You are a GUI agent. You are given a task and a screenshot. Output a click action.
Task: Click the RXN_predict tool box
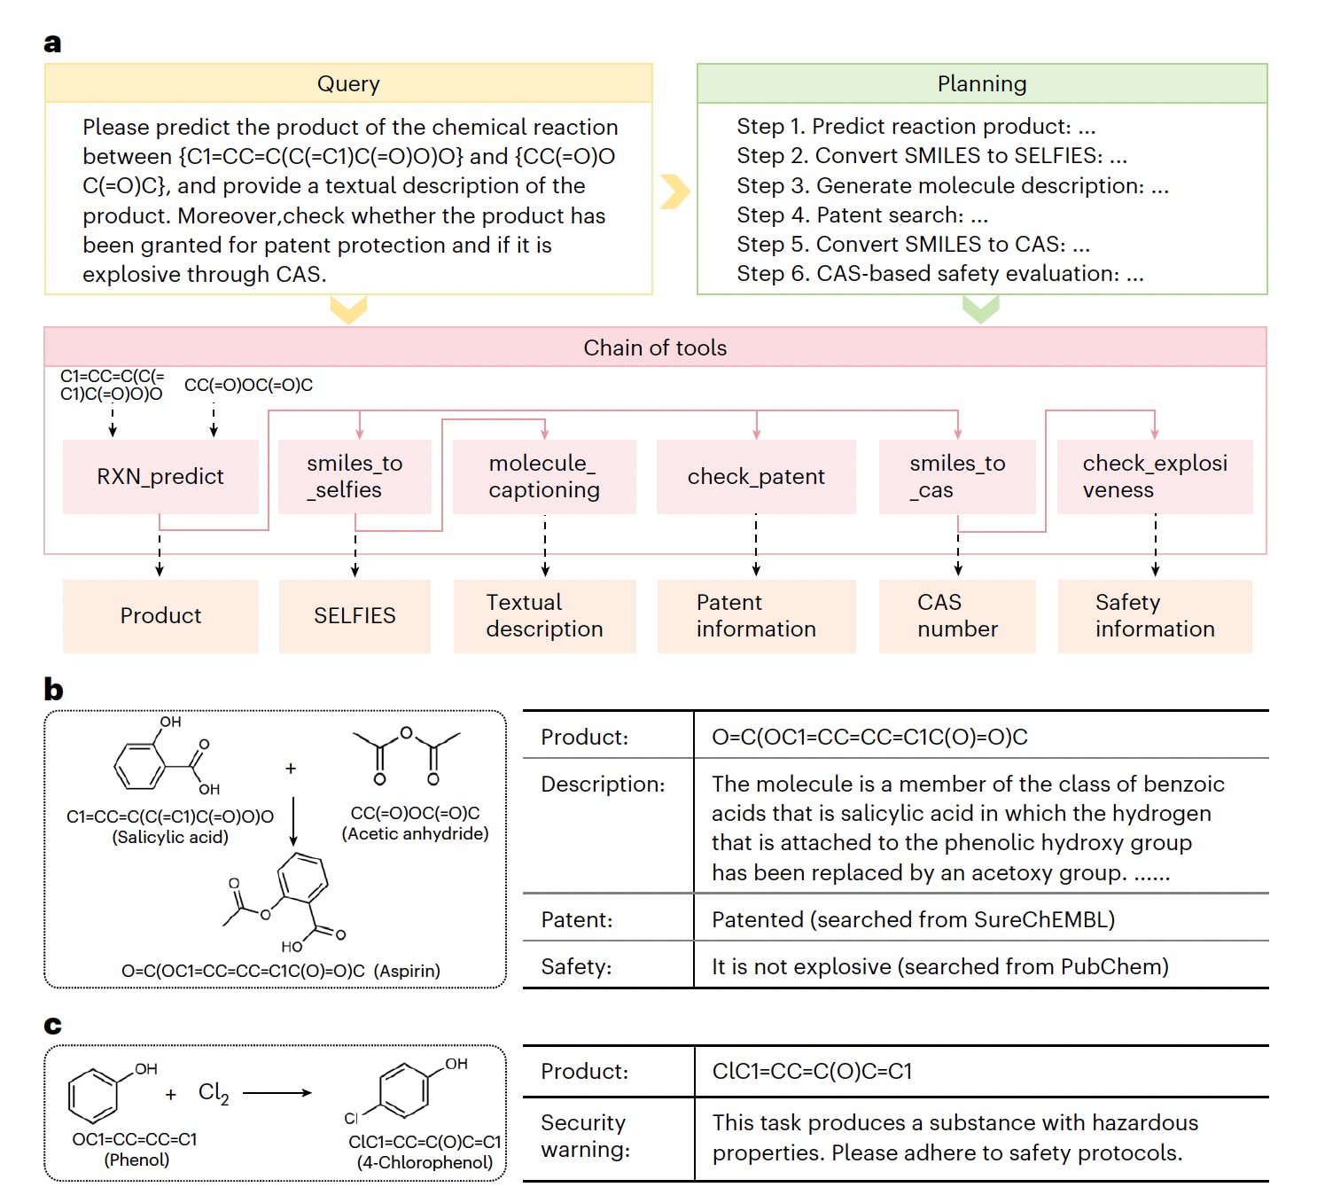pyautogui.click(x=160, y=477)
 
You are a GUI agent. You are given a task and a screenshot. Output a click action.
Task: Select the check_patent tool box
pyautogui.click(x=756, y=477)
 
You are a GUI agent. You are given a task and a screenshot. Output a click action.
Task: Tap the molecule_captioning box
pyautogui.click(x=544, y=477)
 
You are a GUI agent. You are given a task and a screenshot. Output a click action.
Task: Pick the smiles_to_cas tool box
pyautogui.click(x=957, y=477)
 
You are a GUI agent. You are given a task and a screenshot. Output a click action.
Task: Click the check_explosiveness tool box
pyautogui.click(x=1155, y=477)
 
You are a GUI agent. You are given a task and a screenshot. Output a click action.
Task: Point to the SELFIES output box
pyautogui.click(x=355, y=616)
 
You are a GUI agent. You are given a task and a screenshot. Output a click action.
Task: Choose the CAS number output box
pyautogui.click(x=957, y=616)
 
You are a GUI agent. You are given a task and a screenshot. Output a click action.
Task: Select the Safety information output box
pyautogui.click(x=1155, y=616)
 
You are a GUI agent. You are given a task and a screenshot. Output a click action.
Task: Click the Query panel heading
pyautogui.click(x=348, y=84)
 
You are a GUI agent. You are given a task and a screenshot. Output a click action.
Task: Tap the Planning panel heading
pyautogui.click(x=982, y=84)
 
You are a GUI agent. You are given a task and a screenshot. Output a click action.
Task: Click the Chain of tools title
pyautogui.click(x=655, y=348)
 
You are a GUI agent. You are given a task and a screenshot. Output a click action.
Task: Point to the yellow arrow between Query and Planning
pyautogui.click(x=675, y=191)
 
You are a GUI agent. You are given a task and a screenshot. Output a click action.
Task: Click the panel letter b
pyautogui.click(x=53, y=690)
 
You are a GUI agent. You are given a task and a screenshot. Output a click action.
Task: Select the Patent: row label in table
pyautogui.click(x=577, y=919)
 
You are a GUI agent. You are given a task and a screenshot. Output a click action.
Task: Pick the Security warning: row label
pyautogui.click(x=585, y=1136)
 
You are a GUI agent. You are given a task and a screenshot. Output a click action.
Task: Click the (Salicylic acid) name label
pyautogui.click(x=170, y=837)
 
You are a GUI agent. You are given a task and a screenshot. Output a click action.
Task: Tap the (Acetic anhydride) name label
pyautogui.click(x=415, y=833)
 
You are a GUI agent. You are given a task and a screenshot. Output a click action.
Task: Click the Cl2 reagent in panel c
pyautogui.click(x=214, y=1093)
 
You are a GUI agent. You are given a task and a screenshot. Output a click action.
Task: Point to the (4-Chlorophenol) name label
pyautogui.click(x=425, y=1162)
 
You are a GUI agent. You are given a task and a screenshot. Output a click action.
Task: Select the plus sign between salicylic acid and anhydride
pyautogui.click(x=291, y=769)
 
